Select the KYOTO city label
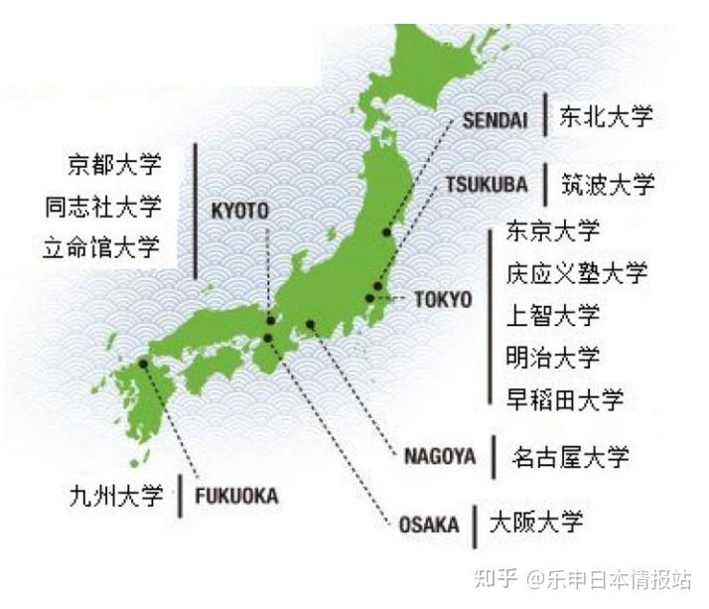[240, 211]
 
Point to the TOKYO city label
[442, 299]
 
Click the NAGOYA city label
[440, 457]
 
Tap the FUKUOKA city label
[236, 496]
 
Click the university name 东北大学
[606, 116]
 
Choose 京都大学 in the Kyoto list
[114, 163]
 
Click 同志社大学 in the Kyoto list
[102, 207]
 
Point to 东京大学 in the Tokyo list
[553, 231]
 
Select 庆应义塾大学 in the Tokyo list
[576, 273]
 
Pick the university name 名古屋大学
[570, 457]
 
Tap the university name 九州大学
[116, 495]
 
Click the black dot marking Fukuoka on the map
[144, 364]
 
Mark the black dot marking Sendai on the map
[388, 232]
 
